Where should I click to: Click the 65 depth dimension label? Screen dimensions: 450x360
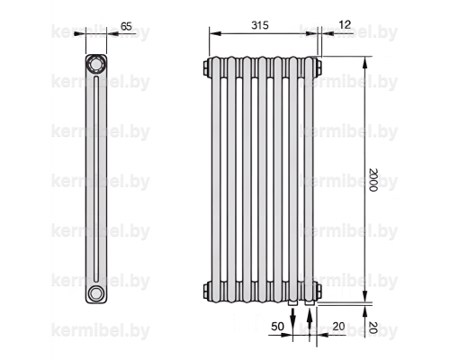126,26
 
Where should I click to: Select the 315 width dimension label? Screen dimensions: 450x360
260,25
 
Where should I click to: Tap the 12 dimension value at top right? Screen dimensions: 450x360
345,24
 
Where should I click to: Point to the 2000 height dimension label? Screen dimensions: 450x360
373,180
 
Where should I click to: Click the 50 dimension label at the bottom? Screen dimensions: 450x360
277,327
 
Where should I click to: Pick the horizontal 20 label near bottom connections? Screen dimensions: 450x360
338,327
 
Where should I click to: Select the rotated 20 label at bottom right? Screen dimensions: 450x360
373,328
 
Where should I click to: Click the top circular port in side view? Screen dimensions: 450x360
96,65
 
